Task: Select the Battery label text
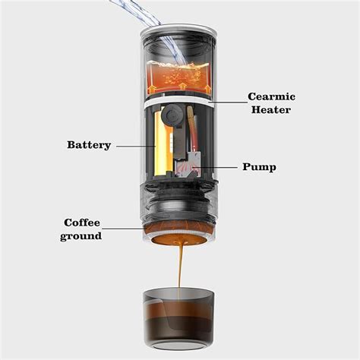pyautogui.click(x=89, y=145)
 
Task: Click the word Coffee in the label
pyautogui.click(x=82, y=223)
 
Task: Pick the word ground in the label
pyautogui.click(x=82, y=236)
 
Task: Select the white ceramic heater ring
pyautogui.click(x=178, y=97)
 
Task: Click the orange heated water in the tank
pyautogui.click(x=178, y=78)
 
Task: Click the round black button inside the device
pyautogui.click(x=172, y=116)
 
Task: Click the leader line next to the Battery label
pyautogui.click(x=134, y=145)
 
